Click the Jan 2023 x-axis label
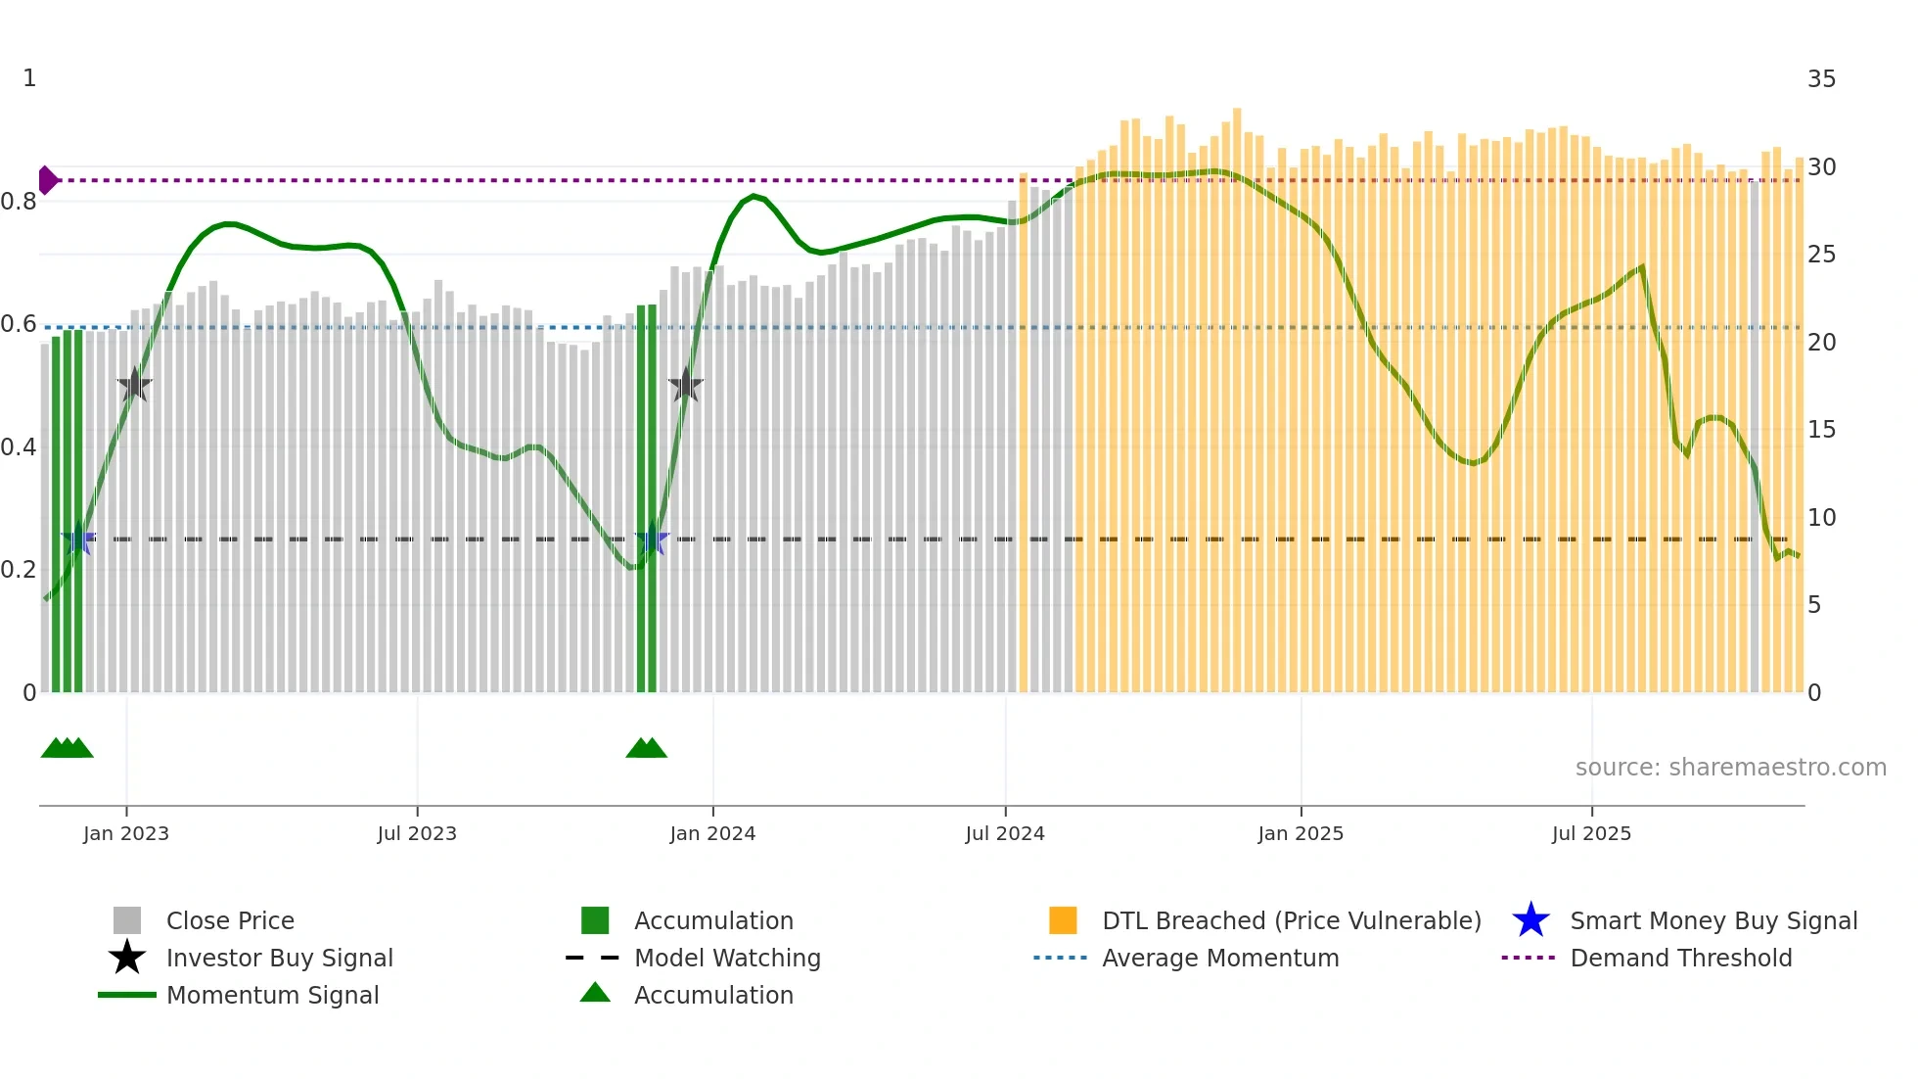pos(125,833)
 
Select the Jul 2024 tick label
pos(1004,833)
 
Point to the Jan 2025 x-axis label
pos(1300,833)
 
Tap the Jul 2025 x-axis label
pos(1591,833)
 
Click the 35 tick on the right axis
pos(1821,79)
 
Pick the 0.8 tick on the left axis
pos(19,202)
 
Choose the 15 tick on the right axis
pos(1821,430)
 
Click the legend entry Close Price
pos(230,920)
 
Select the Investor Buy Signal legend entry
pos(279,958)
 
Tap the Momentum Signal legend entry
pos(272,995)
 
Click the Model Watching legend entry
pos(727,958)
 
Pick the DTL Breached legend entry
pos(1291,920)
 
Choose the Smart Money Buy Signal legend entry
pos(1713,920)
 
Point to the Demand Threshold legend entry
pos(1680,958)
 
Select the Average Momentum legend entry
pos(1220,958)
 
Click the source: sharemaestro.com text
pos(1730,767)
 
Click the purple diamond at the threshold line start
pos(47,180)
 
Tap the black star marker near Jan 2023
pos(134,385)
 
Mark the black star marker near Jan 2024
pos(686,385)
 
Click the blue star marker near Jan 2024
pos(652,539)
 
